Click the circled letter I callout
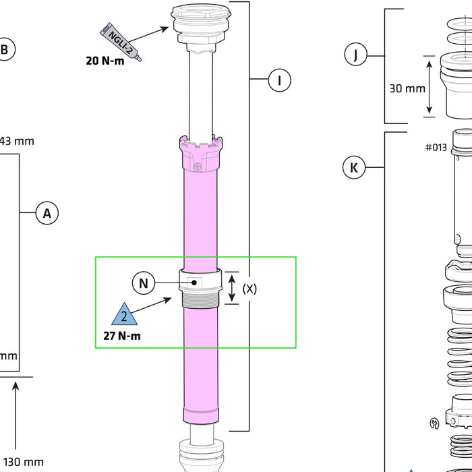coord(279,81)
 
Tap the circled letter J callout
coord(355,55)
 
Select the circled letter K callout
coord(354,167)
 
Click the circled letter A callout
coord(47,214)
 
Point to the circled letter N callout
coord(143,283)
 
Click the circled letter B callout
coord(5,49)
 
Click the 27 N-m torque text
coord(122,336)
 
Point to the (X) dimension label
coord(249,289)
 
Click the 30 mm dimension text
coord(407,88)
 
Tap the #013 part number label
coord(436,147)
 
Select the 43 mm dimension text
coord(16,142)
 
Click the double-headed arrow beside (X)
coord(231,289)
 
